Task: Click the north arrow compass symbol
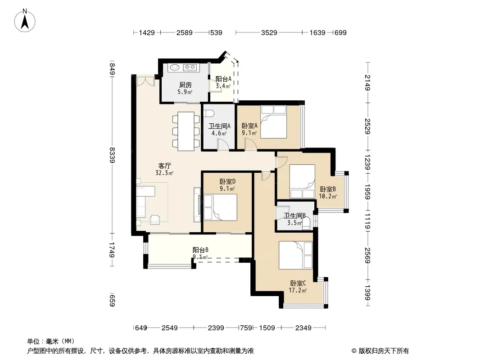pos(25,21)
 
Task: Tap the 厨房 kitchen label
pos(186,85)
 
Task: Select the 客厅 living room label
pos(165,166)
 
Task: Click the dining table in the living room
pos(186,131)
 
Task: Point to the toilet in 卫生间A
pos(209,113)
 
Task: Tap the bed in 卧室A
pos(274,122)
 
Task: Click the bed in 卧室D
pos(220,207)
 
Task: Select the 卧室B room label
pos(328,189)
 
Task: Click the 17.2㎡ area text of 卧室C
pos(298,290)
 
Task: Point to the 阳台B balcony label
pos(200,250)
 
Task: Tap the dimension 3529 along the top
pos(269,33)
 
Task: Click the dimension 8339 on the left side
pos(113,155)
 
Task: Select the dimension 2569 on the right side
pos(367,256)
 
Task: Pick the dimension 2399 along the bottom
pos(216,328)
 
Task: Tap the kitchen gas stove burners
pos(190,67)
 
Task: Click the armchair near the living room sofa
pos(155,219)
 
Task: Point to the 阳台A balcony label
pos(223,79)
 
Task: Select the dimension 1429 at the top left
pos(147,33)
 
